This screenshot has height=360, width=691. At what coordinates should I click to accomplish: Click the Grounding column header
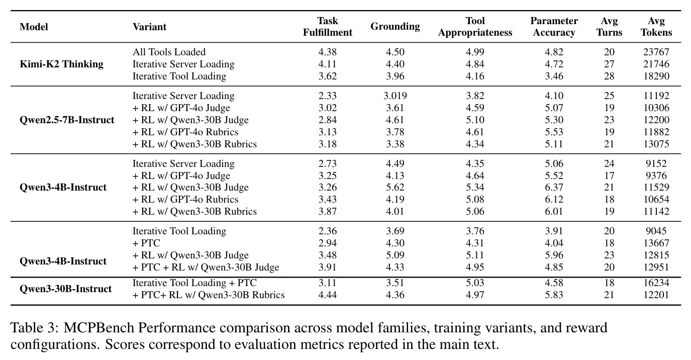tap(395, 27)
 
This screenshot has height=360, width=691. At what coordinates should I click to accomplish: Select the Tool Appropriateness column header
tap(475, 27)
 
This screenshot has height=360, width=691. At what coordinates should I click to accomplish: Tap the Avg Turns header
tap(609, 27)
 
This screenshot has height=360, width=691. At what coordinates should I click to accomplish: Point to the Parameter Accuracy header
tap(554, 27)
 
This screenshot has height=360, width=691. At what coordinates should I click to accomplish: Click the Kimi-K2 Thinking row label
tap(61, 64)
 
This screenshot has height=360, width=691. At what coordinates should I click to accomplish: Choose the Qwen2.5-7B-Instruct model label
tap(67, 120)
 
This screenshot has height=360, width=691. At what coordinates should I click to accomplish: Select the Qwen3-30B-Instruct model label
tap(66, 289)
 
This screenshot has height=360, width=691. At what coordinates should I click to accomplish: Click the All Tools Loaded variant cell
tap(169, 52)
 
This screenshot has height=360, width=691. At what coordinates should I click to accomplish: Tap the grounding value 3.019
tap(395, 96)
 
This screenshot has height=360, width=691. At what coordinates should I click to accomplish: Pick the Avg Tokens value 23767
tap(656, 52)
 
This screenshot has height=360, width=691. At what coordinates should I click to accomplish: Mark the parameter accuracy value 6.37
tap(554, 187)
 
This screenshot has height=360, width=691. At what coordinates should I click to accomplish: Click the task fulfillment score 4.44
tap(327, 295)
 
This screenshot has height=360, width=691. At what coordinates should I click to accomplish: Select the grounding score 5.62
tap(395, 187)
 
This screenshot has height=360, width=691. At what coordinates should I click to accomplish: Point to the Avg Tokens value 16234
tap(656, 283)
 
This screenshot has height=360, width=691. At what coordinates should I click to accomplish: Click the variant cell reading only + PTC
tap(147, 243)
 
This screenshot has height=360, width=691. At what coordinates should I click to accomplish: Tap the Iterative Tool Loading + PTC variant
tap(194, 283)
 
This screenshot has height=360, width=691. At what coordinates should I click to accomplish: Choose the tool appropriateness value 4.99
tap(475, 52)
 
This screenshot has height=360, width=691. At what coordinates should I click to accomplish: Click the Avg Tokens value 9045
tap(656, 231)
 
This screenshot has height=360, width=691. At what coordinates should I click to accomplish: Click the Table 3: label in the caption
tap(35, 328)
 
